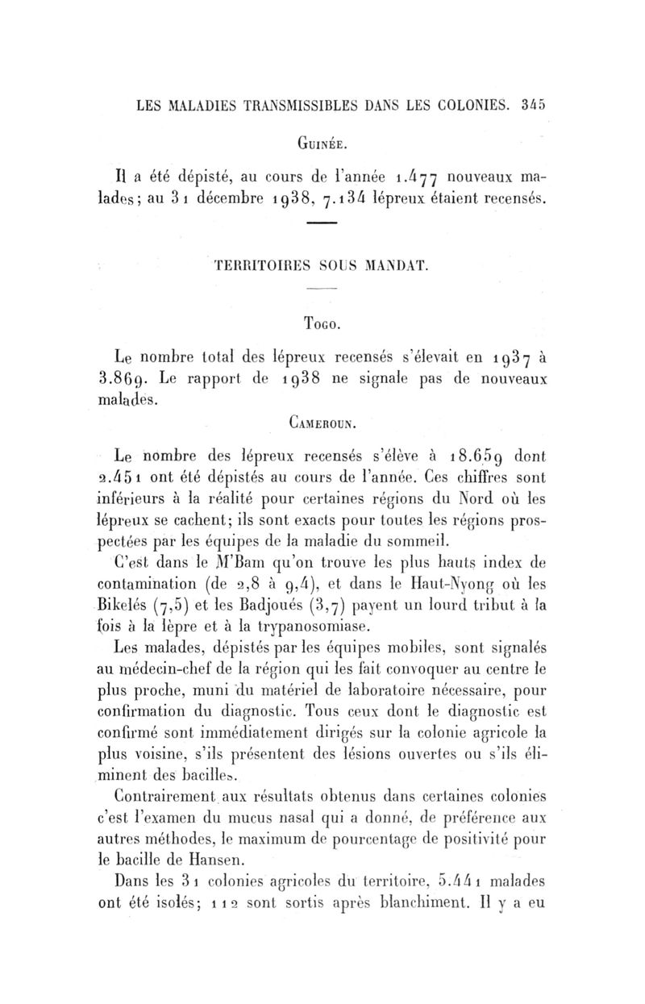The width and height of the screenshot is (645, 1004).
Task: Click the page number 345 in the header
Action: pos(533,105)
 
